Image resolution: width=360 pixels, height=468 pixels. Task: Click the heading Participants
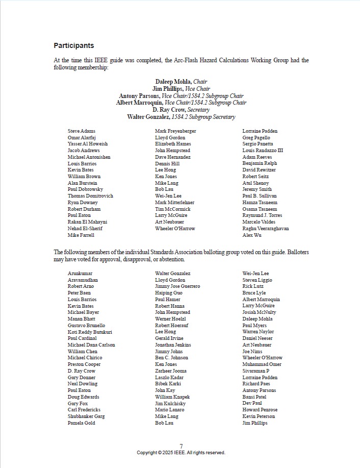(73, 45)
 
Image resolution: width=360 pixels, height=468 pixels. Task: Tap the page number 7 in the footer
(181, 446)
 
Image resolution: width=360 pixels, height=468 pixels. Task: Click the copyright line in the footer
(181, 453)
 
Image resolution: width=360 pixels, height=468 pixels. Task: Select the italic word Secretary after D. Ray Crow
(198, 110)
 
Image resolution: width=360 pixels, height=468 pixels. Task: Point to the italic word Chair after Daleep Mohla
(200, 82)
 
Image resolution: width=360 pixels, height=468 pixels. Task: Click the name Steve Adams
(82, 131)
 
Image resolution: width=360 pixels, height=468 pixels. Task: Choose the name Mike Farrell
(81, 235)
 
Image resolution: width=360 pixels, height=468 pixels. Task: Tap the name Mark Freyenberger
(175, 131)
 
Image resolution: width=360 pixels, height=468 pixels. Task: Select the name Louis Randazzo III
(263, 151)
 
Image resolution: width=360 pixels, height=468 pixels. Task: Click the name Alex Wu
(252, 235)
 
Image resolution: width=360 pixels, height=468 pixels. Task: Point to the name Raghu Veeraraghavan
(266, 229)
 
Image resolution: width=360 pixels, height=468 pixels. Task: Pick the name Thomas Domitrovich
(90, 196)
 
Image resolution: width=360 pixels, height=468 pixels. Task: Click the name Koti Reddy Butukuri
(90, 332)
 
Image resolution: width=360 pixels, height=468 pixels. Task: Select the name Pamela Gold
(82, 423)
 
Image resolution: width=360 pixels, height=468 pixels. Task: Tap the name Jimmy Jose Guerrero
(177, 286)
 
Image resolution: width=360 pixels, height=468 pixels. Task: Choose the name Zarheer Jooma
(171, 371)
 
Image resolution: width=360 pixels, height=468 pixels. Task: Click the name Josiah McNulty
(260, 312)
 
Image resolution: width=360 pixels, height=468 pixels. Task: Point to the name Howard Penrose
(260, 410)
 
